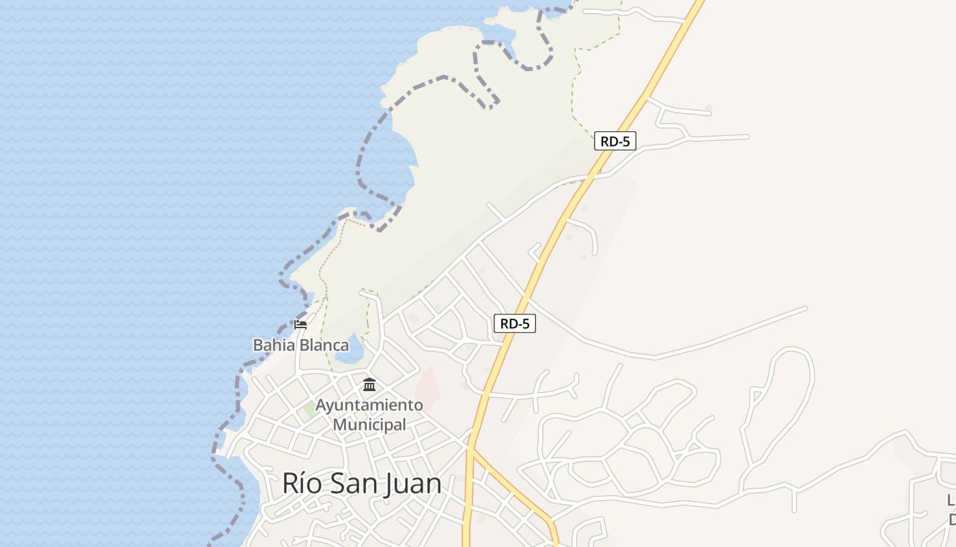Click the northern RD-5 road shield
(615, 142)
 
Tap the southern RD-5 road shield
(514, 323)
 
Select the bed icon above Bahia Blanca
(300, 325)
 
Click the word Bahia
(274, 345)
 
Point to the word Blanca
(324, 345)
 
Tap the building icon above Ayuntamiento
(369, 385)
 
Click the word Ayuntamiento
(369, 405)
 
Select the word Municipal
(369, 425)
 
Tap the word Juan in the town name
(412, 483)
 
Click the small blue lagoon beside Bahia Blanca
(350, 351)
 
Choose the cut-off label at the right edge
(951, 509)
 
